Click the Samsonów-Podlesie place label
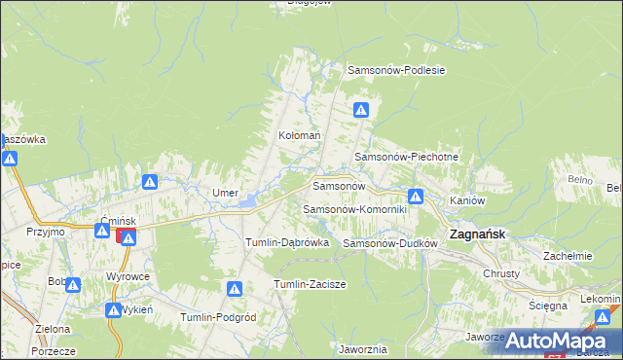396,70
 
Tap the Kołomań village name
300,136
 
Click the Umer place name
226,193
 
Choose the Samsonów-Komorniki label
359,209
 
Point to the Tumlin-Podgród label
218,317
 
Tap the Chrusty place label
502,273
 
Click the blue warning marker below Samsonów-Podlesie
361,111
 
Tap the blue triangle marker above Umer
150,182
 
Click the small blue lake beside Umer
250,201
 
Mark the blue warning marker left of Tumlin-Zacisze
235,289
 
